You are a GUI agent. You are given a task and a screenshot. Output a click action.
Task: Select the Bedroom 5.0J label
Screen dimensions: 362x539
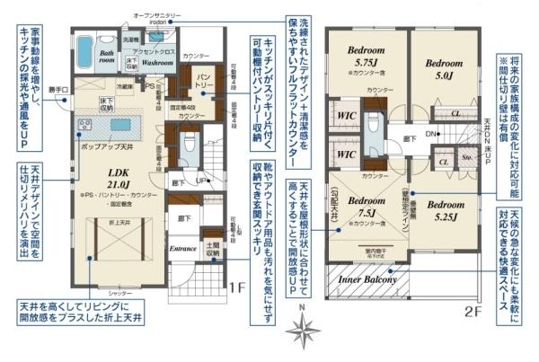coord(443,68)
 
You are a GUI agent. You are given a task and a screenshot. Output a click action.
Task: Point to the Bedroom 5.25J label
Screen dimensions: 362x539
coord(444,210)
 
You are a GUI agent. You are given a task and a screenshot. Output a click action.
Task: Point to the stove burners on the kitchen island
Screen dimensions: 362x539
coord(86,122)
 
